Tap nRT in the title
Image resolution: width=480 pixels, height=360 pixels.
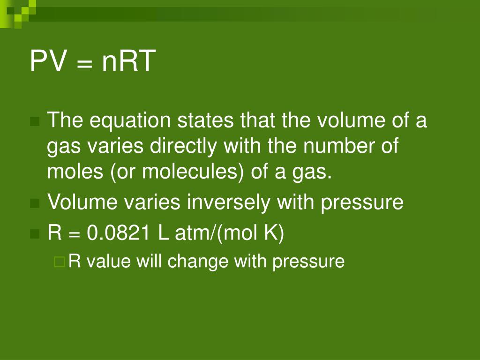point(128,61)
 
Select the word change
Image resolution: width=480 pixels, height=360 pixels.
point(198,261)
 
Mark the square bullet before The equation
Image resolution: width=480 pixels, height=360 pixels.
point(34,122)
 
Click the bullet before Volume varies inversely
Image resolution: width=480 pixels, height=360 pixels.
point(34,203)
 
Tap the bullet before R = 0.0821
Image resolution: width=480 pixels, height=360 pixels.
point(34,234)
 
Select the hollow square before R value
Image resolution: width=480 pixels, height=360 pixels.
point(59,261)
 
